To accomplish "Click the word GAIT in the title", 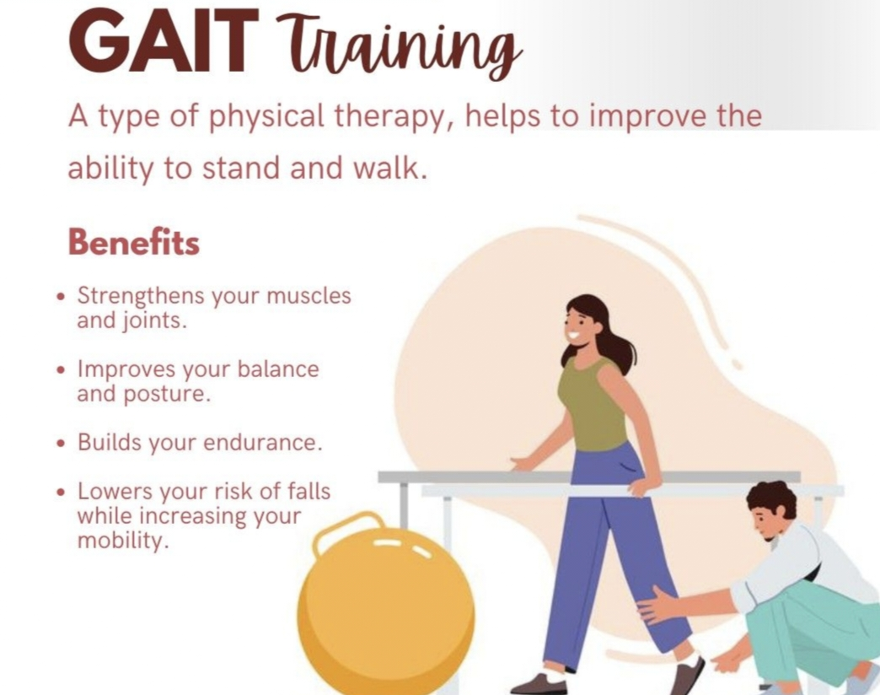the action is [164, 43].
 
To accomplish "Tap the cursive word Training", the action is [399, 48].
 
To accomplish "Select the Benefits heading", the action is [133, 243].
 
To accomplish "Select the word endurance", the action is [263, 442].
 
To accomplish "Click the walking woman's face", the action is [578, 326].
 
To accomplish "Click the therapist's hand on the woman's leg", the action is [657, 606].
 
